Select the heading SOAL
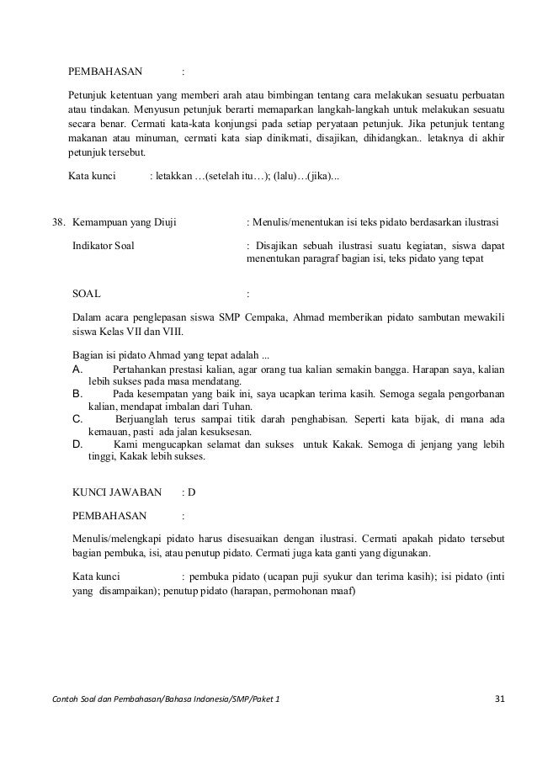click(x=87, y=295)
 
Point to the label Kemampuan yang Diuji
click(x=120, y=223)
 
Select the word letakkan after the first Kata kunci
click(x=173, y=176)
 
